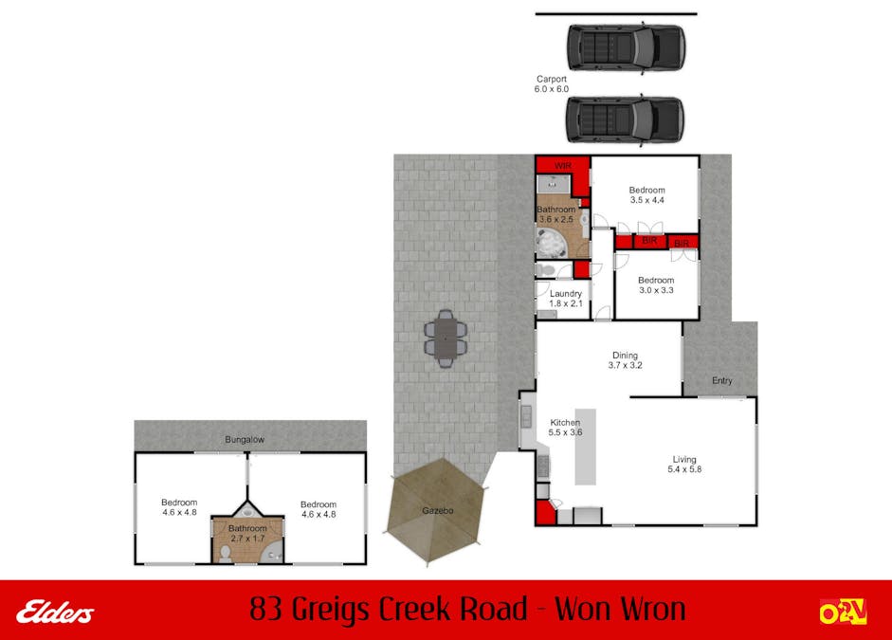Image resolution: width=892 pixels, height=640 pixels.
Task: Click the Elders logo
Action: (55, 613)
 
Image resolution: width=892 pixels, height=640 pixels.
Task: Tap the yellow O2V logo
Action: (843, 613)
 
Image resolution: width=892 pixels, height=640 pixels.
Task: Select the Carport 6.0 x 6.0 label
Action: (552, 84)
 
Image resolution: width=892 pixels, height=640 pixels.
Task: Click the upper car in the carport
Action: (627, 47)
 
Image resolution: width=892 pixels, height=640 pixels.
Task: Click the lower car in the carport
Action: (626, 120)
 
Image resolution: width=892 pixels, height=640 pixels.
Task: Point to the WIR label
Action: (563, 166)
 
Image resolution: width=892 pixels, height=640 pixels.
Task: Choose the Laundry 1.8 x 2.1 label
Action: (566, 299)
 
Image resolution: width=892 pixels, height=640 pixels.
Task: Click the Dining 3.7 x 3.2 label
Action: (626, 360)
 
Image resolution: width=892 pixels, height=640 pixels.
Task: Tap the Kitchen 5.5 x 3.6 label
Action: (565, 428)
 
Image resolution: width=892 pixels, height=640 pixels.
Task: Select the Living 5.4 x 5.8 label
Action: (684, 465)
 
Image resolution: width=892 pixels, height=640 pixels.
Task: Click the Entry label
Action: (722, 380)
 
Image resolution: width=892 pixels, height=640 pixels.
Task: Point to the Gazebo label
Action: (437, 511)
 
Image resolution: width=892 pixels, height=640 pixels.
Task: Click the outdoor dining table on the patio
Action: (446, 339)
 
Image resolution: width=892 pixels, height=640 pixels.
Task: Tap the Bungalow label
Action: (245, 439)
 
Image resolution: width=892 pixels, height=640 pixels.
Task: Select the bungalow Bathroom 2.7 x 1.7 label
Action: (247, 533)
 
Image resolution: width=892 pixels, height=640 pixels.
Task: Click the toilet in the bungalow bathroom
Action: (226, 554)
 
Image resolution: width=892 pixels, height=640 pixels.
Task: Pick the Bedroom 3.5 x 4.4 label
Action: (646, 195)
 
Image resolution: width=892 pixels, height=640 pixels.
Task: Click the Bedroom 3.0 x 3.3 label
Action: (656, 285)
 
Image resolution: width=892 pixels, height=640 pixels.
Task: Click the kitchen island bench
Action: (586, 447)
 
